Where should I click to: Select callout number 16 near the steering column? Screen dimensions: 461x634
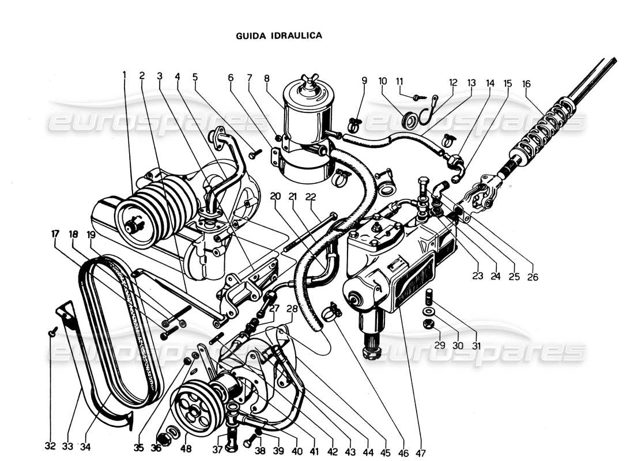point(526,83)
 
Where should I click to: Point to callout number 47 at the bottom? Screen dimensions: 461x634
point(420,454)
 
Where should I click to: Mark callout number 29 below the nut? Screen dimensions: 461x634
point(440,346)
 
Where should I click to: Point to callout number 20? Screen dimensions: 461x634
point(276,196)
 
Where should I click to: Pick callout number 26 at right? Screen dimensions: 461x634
point(532,276)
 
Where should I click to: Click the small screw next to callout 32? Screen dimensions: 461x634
point(52,331)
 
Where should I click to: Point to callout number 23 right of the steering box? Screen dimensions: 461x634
point(477,276)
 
